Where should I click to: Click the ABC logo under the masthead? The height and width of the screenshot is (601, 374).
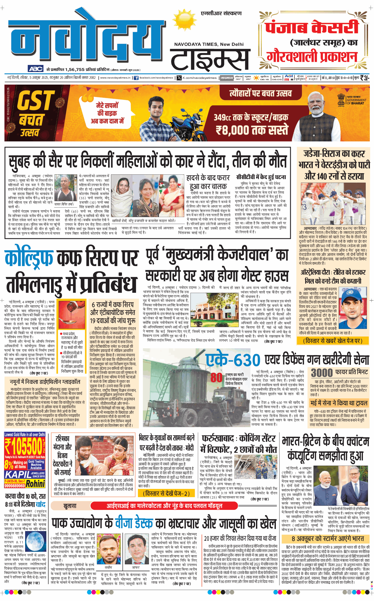[x=36, y=69]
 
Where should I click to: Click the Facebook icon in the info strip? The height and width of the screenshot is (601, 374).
[x=136, y=78]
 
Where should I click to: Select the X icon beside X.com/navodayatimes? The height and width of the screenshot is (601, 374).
[x=179, y=78]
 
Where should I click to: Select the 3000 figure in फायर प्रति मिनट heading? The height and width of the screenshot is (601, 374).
[x=321, y=372]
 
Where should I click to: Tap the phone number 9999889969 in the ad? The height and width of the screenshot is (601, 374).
[x=15, y=486]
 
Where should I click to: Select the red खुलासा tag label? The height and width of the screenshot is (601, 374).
[x=70, y=506]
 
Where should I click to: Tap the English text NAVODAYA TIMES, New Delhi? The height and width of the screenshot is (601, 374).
[x=209, y=44]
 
